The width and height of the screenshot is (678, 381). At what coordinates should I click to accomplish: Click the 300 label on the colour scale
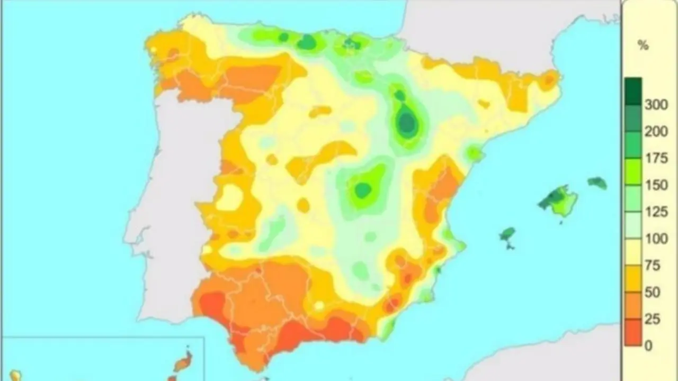click(x=656, y=105)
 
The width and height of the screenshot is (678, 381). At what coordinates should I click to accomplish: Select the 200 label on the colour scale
click(x=656, y=132)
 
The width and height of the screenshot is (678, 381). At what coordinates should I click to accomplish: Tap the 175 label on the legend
click(x=656, y=159)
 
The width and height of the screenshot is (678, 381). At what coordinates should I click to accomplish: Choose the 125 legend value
click(x=656, y=212)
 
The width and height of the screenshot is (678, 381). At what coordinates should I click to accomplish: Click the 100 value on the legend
click(x=656, y=239)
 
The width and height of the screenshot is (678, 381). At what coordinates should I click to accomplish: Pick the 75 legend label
click(x=653, y=266)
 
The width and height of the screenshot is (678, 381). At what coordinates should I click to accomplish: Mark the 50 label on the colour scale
click(x=653, y=293)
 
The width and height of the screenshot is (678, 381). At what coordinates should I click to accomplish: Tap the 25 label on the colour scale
click(x=653, y=320)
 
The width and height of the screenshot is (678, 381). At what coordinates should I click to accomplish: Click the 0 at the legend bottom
click(x=649, y=346)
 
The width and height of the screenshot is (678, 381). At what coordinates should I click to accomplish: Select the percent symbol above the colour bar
click(x=643, y=46)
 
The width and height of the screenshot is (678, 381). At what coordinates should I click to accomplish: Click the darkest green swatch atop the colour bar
click(x=633, y=91)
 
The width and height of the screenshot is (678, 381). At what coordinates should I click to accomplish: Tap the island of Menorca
click(x=597, y=183)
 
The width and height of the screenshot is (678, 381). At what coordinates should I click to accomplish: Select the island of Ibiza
click(x=507, y=234)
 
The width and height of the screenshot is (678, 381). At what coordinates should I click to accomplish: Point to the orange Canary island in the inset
click(x=183, y=362)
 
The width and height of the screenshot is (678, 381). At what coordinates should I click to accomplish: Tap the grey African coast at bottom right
click(x=556, y=360)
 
